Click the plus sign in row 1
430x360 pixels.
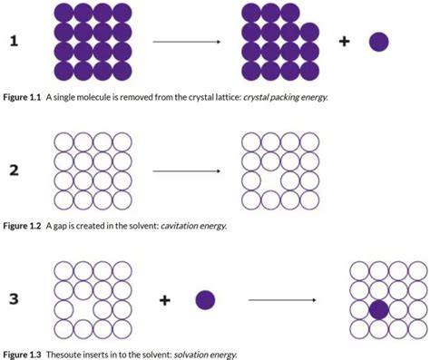click(x=345, y=42)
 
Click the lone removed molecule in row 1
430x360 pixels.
click(x=379, y=42)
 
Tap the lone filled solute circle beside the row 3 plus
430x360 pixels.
click(x=205, y=299)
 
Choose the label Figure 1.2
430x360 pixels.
click(x=24, y=226)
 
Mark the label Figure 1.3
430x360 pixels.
click(x=24, y=355)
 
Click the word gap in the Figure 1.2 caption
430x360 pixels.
click(x=58, y=226)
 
